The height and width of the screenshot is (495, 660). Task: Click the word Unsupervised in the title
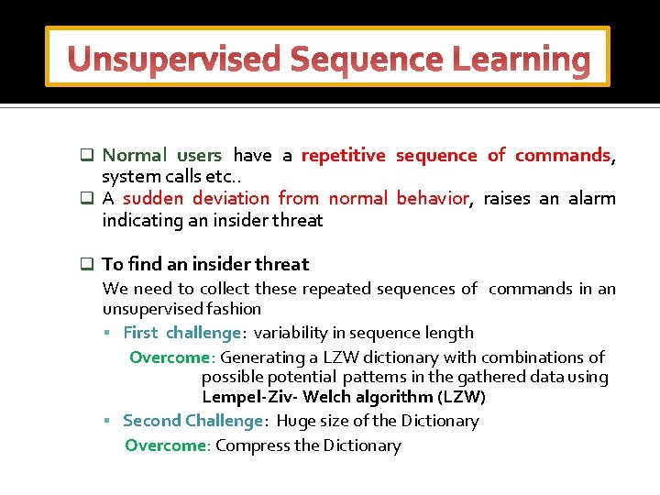click(x=174, y=59)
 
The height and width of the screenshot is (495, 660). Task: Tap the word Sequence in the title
click(x=367, y=59)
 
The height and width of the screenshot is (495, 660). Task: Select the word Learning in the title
click(x=522, y=59)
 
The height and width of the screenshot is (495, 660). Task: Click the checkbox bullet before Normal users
click(x=87, y=155)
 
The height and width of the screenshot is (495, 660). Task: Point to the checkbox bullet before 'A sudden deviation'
click(x=87, y=198)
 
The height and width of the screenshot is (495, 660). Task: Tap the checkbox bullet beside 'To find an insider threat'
click(x=87, y=264)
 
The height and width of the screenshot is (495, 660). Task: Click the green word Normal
click(x=135, y=155)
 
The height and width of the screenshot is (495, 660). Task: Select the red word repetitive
click(x=344, y=155)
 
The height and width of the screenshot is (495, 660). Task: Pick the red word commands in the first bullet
click(x=563, y=155)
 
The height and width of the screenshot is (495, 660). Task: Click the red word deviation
click(x=231, y=198)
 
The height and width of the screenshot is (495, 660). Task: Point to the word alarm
click(x=592, y=198)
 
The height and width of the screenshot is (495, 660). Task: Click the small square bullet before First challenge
click(x=107, y=333)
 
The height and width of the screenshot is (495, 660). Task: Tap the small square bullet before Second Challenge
click(x=107, y=421)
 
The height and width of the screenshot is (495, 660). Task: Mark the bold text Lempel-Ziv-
click(x=250, y=397)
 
